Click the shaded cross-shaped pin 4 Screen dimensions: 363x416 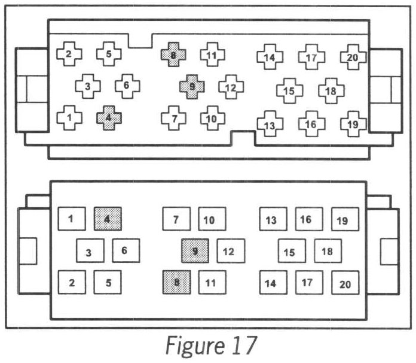tap(108, 117)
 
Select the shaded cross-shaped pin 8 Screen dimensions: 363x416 tap(173, 55)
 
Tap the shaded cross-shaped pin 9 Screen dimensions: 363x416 tap(191, 87)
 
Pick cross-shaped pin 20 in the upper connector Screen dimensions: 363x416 tap(352, 57)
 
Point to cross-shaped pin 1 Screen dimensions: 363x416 tap(69, 117)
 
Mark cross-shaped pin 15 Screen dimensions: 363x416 tap(289, 91)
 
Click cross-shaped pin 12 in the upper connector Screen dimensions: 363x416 tap(231, 87)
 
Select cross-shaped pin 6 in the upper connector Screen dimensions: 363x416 tap(127, 86)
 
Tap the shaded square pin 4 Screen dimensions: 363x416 tap(108, 219)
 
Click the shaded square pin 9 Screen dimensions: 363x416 tap(195, 251)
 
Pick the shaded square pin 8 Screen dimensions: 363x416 tap(176, 282)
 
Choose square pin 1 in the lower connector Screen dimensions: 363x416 tap(71, 219)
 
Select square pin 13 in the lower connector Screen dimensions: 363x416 tap(272, 220)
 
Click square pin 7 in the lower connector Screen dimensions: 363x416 tap(176, 220)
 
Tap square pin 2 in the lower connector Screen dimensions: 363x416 tap(72, 282)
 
